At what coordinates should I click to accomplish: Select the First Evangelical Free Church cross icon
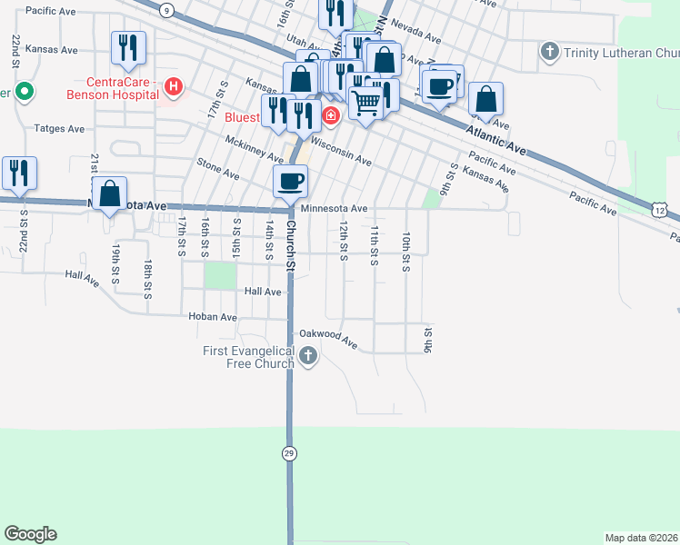click(x=308, y=355)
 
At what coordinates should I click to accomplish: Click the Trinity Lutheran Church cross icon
click(x=549, y=52)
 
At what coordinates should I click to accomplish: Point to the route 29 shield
click(x=289, y=452)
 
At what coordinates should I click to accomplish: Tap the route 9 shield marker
click(x=165, y=10)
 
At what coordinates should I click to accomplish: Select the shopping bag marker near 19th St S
click(x=109, y=193)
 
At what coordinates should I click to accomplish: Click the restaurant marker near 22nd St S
click(x=19, y=172)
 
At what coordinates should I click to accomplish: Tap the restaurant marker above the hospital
click(x=127, y=47)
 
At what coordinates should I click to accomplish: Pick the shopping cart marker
click(x=365, y=104)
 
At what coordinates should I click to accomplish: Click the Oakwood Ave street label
click(x=335, y=340)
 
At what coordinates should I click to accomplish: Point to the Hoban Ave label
click(x=212, y=317)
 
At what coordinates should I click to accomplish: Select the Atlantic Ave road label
click(x=496, y=139)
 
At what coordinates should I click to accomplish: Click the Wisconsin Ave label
click(x=341, y=152)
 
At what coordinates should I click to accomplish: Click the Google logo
click(x=30, y=534)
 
